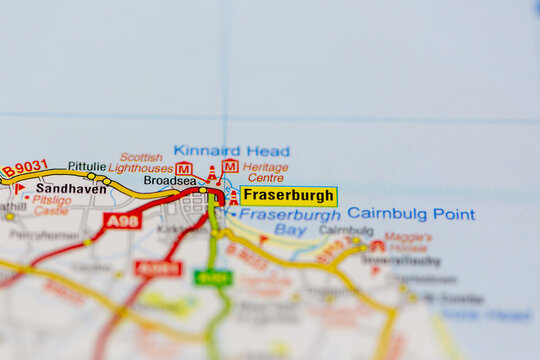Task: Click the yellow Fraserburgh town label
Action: (x=289, y=196)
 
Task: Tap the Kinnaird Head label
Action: (x=231, y=151)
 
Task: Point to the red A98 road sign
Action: (x=122, y=220)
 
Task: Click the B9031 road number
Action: (x=24, y=169)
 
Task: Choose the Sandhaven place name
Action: (x=71, y=188)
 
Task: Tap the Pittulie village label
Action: (x=87, y=166)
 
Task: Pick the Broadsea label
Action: (x=170, y=181)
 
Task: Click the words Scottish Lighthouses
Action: (x=141, y=163)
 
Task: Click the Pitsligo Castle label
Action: (x=51, y=205)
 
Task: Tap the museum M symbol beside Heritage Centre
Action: (x=230, y=166)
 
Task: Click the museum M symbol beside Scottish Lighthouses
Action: (x=184, y=168)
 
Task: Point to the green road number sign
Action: (x=213, y=277)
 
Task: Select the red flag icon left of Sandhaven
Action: (x=18, y=188)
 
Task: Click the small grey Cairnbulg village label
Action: (x=346, y=230)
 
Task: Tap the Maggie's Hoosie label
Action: (x=408, y=242)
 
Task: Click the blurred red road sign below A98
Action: (x=158, y=268)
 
